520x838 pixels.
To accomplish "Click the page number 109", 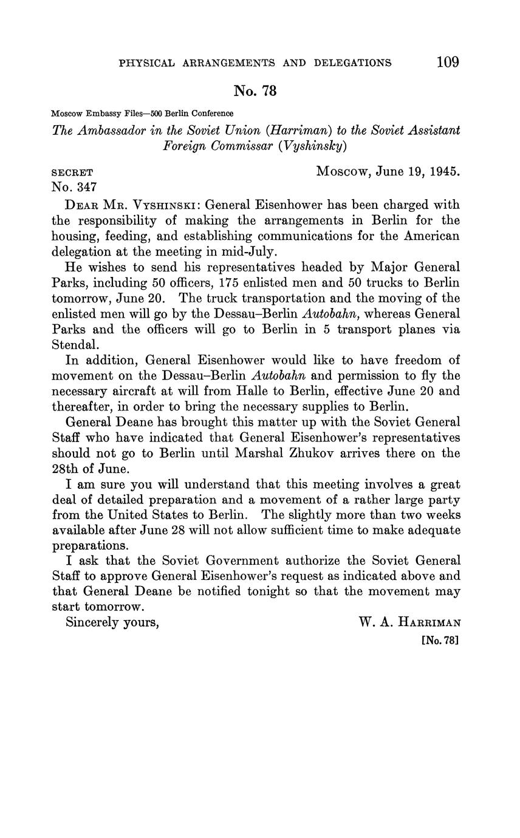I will pyautogui.click(x=448, y=62).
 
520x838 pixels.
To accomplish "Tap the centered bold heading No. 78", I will pyautogui.click(x=255, y=91).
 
